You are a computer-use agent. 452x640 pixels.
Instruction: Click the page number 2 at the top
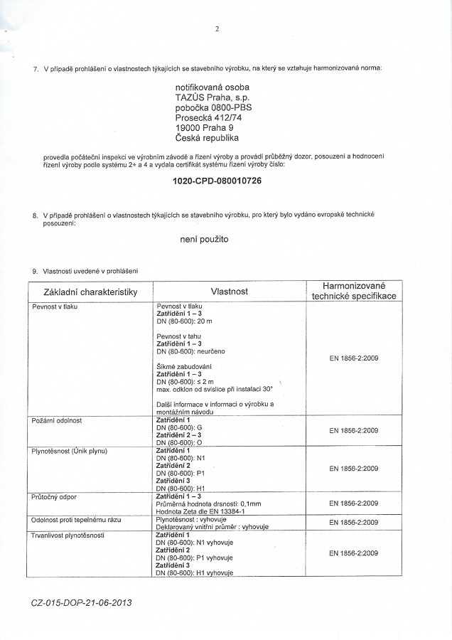point(217,29)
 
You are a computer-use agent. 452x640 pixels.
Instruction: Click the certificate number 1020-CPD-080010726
point(217,181)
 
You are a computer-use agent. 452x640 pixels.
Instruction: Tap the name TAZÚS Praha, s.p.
point(212,97)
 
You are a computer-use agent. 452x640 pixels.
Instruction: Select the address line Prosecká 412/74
point(208,117)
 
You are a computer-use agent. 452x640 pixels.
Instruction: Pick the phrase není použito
point(204,240)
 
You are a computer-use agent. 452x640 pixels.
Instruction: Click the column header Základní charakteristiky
point(90,292)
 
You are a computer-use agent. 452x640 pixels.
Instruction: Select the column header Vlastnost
point(229,292)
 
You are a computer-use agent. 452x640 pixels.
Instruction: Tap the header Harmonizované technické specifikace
point(353,291)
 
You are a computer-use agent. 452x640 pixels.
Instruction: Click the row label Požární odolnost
point(57,420)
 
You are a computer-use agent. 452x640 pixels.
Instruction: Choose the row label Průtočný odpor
point(53,496)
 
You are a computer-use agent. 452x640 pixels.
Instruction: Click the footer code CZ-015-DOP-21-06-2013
point(82,602)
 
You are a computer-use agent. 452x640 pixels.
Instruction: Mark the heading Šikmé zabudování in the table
point(184,366)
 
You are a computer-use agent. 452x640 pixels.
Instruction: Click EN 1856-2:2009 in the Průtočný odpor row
point(353,503)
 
